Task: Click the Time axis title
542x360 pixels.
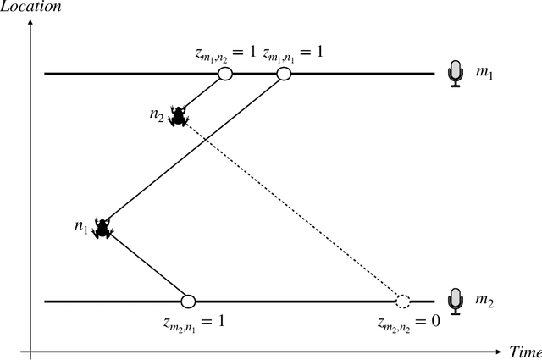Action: (x=524, y=350)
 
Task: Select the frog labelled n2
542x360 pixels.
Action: (x=178, y=116)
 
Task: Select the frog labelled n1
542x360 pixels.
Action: (x=103, y=228)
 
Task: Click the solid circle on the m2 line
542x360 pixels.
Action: (x=189, y=301)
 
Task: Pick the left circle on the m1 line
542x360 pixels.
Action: (x=225, y=75)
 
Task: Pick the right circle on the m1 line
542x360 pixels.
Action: (x=284, y=75)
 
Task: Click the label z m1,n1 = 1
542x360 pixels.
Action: (x=293, y=53)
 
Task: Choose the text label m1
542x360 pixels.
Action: (x=483, y=75)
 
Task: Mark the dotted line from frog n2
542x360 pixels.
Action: (x=292, y=209)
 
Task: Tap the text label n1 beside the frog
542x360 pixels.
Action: (x=81, y=226)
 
